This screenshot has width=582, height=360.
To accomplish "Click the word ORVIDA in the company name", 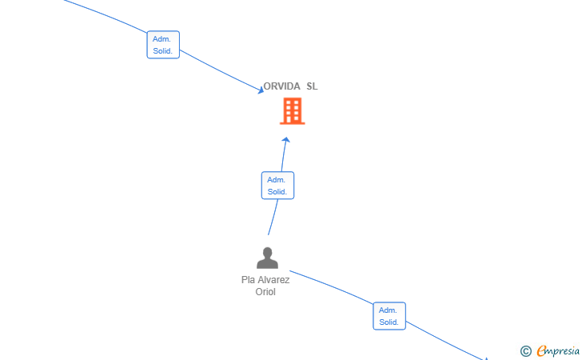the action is pos(281,86).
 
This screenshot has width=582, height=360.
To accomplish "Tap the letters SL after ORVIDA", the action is pos(312,86).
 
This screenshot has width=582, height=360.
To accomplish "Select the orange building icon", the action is pos(293,110).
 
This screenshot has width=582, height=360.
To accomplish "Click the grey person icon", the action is pos(267,258).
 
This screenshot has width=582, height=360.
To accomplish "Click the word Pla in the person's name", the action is pos(248,280).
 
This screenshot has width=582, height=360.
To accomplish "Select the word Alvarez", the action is pos(273,280).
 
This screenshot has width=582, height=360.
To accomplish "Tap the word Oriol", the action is pos(265,292).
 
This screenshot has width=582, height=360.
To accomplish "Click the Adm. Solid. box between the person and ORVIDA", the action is pos(277,186).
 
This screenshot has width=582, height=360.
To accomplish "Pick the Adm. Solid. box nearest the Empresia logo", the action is pos(389,316).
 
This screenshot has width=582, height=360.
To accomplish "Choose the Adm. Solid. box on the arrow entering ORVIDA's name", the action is pos(163,45).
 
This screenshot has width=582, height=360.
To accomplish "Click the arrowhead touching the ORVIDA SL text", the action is pos(261,90).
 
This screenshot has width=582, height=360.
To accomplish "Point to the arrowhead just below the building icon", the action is pos(286,140).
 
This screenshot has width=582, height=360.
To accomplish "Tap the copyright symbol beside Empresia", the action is pos(526,350).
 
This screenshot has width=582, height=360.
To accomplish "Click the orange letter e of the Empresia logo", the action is pos(542,350).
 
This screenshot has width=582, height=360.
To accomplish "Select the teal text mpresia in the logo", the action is pos(563,351).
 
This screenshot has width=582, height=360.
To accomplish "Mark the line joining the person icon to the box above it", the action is pos(273,218).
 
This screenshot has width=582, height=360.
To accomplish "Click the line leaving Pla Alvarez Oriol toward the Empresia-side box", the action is pos(331,286).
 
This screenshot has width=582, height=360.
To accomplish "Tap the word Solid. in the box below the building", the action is pos(277,192).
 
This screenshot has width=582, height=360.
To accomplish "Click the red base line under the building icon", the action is pos(293,123).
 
